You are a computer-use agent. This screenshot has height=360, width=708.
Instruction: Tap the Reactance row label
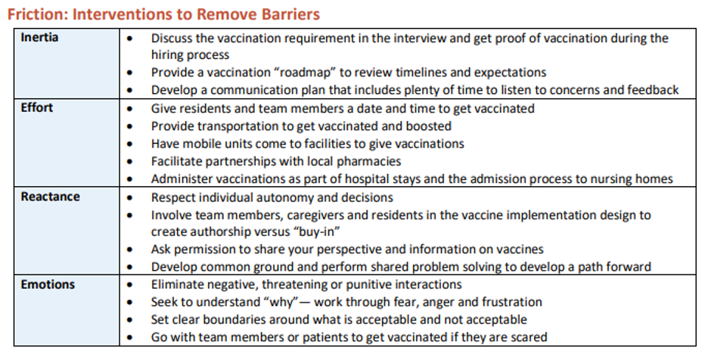(x=50, y=197)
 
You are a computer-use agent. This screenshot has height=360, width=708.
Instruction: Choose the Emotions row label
(x=48, y=284)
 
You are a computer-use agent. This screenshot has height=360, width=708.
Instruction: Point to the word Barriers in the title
(x=287, y=14)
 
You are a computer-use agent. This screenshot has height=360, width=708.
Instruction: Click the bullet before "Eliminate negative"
(x=132, y=285)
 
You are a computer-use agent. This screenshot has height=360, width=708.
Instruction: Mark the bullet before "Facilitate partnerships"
(x=132, y=162)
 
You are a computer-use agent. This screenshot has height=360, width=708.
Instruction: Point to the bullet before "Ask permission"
(x=132, y=250)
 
